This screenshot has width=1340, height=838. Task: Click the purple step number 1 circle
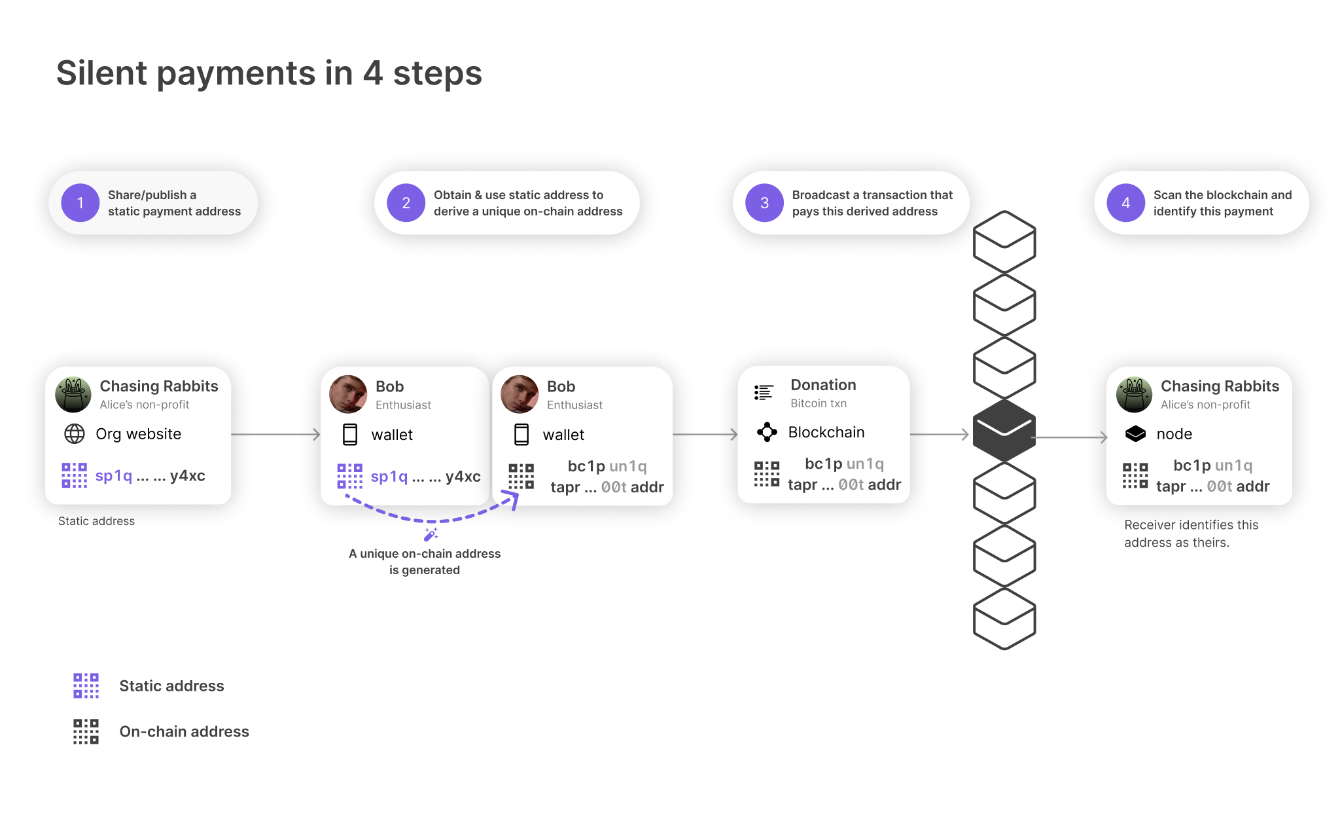pos(80,203)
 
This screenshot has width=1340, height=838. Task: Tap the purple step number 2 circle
pos(406,203)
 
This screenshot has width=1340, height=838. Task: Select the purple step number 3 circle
pos(764,203)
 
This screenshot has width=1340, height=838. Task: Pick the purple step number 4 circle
pos(1125,203)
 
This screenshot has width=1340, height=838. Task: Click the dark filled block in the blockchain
pos(1004,431)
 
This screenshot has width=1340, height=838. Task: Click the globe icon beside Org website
pos(75,433)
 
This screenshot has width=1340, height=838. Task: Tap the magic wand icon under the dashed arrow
pos(431,534)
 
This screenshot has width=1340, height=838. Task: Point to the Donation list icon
pos(764,392)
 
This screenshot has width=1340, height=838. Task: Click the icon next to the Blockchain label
pos(767,432)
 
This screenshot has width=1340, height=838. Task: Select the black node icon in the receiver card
pos(1135,433)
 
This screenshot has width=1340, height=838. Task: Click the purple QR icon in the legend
pos(86,685)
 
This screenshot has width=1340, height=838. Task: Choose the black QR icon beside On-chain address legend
pos(86,731)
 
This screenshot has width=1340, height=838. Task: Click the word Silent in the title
pos(101,73)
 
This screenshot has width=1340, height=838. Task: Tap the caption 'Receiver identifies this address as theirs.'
pos(1191,534)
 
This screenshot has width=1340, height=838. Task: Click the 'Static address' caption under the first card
pos(96,521)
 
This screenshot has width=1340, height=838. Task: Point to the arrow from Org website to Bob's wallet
pos(275,434)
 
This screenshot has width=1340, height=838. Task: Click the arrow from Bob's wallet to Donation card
pos(705,434)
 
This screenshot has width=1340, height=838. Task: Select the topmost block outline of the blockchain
pos(1004,242)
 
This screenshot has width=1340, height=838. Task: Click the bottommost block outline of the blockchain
pos(1004,619)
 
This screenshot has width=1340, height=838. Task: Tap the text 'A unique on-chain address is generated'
pos(425,562)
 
